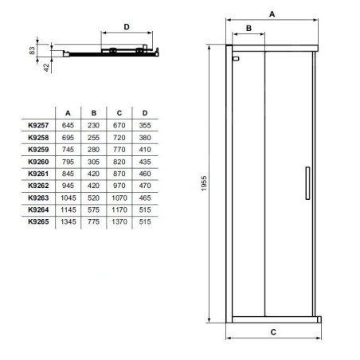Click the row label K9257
pos(38,125)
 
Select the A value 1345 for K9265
pos(68,221)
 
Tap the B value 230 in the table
pos(93,125)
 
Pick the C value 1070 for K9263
pos(119,198)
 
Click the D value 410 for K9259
pos(145,150)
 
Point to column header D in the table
pos(145,113)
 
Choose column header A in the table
pos(68,113)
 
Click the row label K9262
pos(38,186)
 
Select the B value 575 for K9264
pos(93,209)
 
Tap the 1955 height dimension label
pos(204,183)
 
